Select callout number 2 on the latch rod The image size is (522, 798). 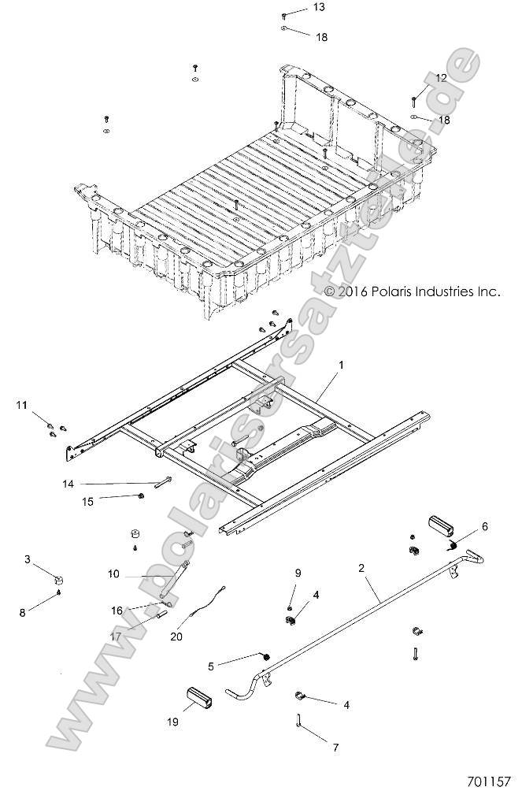point(361,567)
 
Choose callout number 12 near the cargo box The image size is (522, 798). point(441,78)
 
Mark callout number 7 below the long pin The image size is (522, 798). point(335,747)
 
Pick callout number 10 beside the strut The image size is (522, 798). point(113,574)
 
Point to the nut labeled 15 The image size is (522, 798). point(140,496)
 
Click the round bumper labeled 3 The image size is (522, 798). point(59,581)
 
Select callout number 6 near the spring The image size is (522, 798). point(484,526)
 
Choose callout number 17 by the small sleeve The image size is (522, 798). point(117,637)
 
